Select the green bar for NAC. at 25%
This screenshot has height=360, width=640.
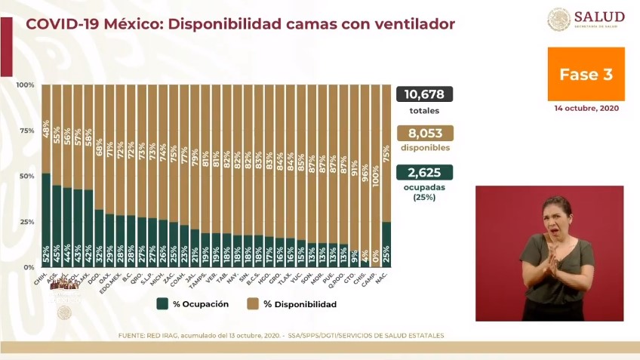click(x=386, y=245)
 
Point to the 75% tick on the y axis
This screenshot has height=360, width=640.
click(x=26, y=131)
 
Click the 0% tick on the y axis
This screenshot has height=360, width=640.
click(x=29, y=268)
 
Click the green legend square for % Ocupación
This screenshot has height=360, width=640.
click(x=162, y=304)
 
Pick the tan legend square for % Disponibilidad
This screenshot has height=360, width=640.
click(x=251, y=304)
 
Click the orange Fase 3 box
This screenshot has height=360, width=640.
click(x=586, y=75)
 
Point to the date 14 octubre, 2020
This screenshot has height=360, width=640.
click(x=586, y=108)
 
